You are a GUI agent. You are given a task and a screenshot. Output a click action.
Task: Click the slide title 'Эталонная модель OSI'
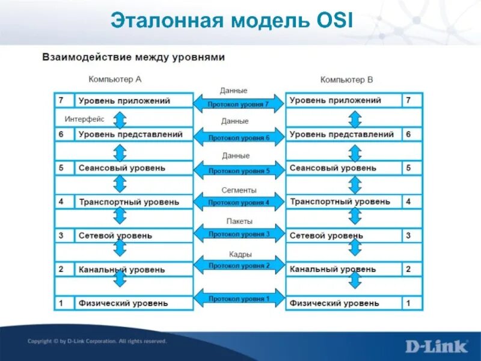(232, 22)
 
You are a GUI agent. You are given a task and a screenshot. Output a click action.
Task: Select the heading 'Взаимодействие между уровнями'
(133, 57)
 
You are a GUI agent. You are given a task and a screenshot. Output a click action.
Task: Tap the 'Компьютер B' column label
(346, 79)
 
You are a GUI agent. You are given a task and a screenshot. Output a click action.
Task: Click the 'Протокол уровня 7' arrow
(238, 104)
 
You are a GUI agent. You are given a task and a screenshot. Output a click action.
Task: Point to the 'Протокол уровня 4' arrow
(238, 203)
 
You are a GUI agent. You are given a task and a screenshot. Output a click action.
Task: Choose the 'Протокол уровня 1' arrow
(238, 298)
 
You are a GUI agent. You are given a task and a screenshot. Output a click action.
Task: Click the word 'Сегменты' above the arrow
(239, 190)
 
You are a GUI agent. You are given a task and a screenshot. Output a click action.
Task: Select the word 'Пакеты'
(239, 221)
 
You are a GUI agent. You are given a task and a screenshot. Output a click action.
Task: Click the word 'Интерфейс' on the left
(84, 119)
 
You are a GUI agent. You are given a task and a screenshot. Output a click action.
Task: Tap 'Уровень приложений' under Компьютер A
(124, 101)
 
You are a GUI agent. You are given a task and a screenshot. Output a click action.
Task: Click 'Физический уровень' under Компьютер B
(334, 303)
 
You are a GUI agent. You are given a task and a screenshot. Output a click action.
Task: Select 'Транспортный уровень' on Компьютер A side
(129, 202)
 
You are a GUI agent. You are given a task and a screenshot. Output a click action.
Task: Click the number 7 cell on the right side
(408, 100)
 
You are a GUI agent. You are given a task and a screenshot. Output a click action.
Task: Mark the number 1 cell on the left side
(61, 303)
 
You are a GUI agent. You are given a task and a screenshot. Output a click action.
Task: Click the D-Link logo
(436, 345)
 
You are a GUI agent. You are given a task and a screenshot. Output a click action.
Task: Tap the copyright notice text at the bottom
(96, 341)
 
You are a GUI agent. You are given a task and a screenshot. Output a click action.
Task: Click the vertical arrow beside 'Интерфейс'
(120, 120)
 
